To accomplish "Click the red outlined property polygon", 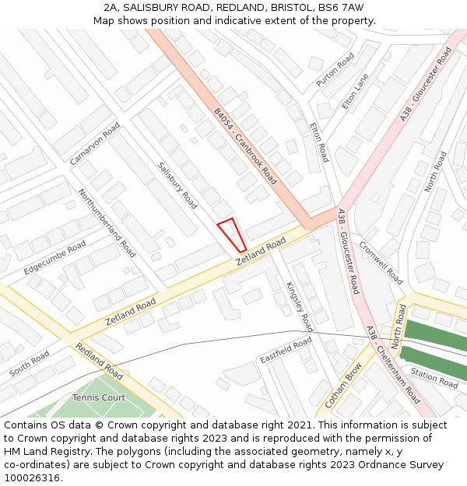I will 232,235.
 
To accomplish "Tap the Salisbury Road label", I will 177,185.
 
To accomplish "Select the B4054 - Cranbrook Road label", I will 245,145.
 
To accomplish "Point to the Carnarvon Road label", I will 95,143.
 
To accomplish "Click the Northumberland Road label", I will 107,222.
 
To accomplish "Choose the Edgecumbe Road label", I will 54,257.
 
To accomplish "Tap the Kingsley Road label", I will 299,306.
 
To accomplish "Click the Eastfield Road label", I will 286,350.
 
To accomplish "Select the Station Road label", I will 434,378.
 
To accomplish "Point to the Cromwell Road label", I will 381,263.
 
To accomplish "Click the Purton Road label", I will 335,69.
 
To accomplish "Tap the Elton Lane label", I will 355,92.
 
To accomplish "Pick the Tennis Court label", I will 99,397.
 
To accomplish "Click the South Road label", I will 30,364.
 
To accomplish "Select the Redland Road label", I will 99,359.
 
